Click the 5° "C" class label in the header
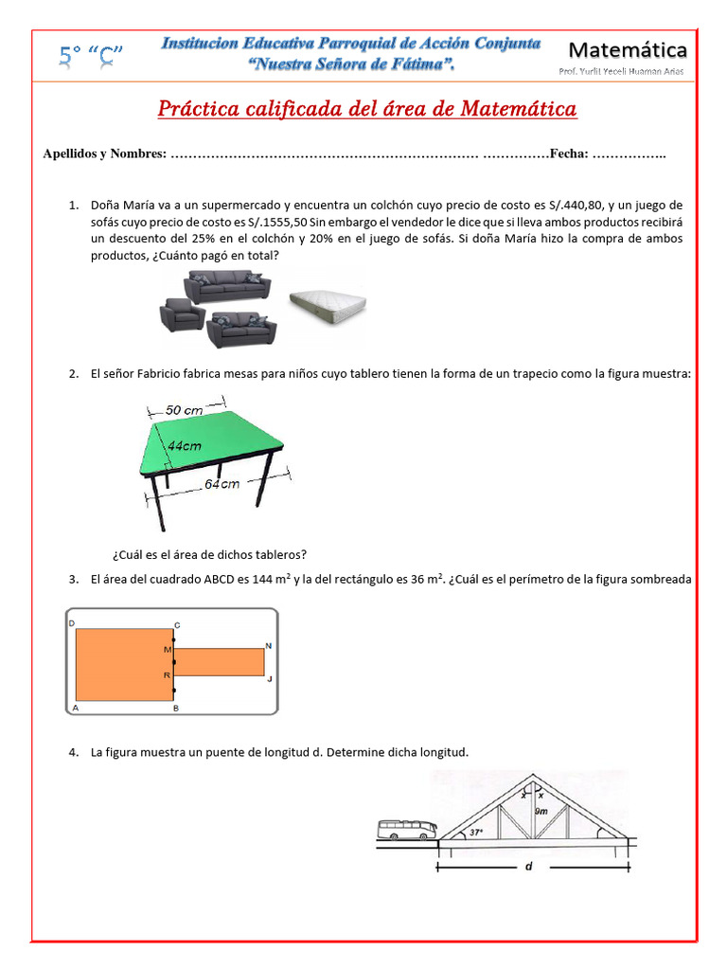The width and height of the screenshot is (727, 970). point(92,57)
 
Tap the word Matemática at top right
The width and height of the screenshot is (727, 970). point(628,49)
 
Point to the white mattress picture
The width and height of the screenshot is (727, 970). point(327,302)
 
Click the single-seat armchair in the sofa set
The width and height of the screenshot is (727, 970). point(182,315)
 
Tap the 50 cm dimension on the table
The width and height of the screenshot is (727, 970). point(186,410)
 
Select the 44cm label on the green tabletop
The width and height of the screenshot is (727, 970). point(185,444)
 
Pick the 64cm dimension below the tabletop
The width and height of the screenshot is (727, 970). point(222,483)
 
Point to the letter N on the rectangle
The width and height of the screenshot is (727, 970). point(268,645)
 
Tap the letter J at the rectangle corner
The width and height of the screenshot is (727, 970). point(269,678)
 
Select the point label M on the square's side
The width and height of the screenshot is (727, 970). point(167,650)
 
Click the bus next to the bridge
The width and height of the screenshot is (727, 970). point(407,830)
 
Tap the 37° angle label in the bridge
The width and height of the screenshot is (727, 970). point(476,833)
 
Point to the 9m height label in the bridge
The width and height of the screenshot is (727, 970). point(542,811)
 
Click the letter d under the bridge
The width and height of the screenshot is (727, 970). point(527,877)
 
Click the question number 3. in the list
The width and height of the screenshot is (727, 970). point(73,579)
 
